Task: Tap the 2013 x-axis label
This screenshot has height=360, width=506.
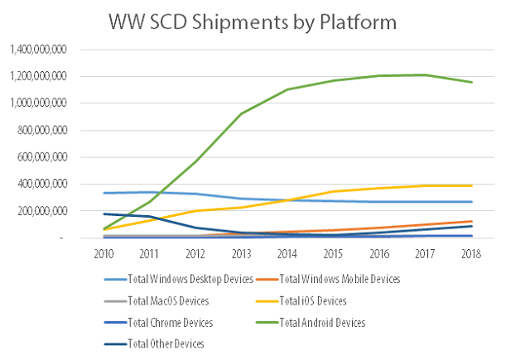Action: (x=241, y=252)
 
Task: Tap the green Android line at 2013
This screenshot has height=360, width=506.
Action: (x=241, y=114)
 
